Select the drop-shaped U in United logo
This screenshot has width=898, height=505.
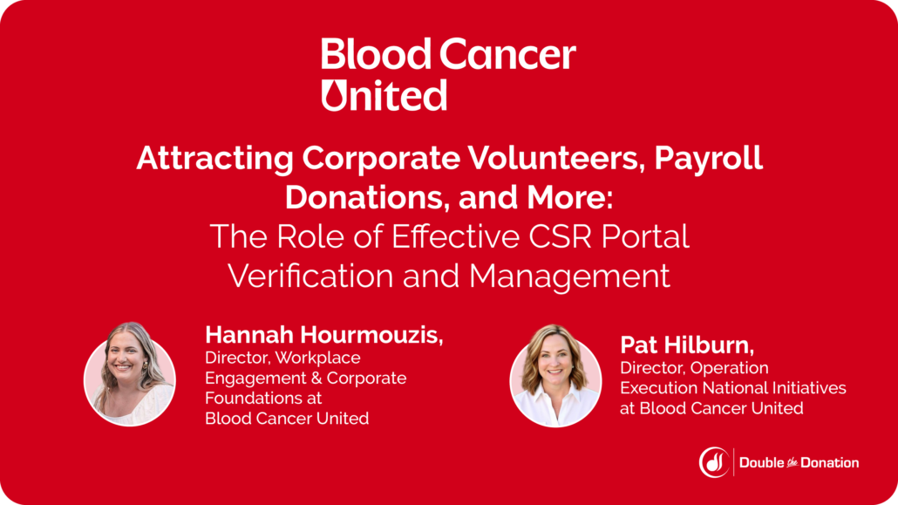[337, 94]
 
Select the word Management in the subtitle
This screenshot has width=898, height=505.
[569, 276]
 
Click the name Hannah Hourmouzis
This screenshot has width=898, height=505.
[323, 335]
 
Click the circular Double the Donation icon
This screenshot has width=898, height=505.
[715, 462]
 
